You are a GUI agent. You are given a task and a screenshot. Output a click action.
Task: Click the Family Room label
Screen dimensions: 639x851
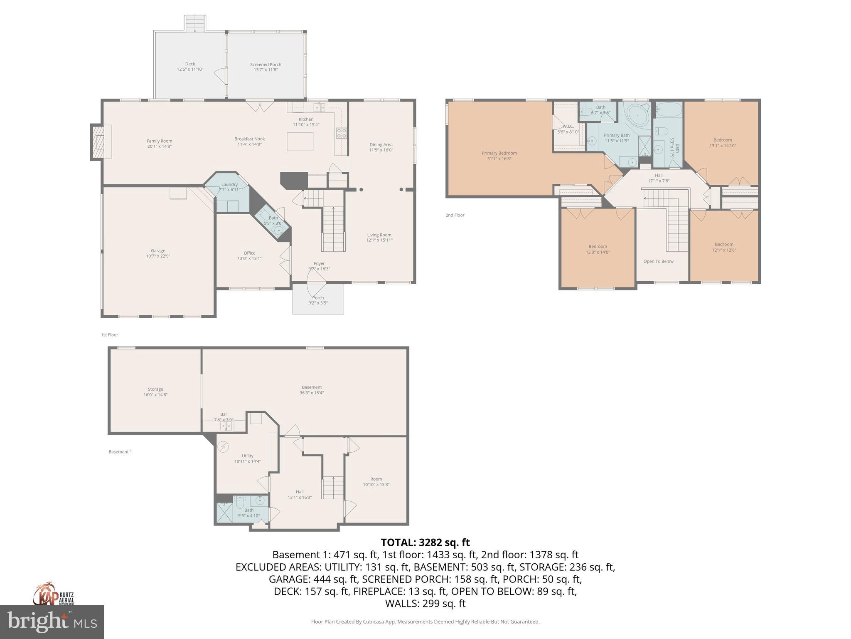[x=159, y=141]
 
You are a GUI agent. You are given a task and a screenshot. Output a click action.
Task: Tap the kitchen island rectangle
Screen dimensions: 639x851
[x=300, y=141]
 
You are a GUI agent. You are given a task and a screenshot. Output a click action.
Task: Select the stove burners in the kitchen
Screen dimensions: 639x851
[x=341, y=133]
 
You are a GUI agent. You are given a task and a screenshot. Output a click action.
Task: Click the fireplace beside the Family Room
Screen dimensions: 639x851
[x=99, y=142]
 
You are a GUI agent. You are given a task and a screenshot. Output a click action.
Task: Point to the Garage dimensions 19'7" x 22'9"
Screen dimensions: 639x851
[x=158, y=256]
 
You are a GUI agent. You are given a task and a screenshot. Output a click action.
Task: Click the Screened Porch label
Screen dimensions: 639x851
[x=266, y=64]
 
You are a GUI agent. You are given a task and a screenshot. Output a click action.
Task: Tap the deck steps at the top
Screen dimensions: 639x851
[x=195, y=23]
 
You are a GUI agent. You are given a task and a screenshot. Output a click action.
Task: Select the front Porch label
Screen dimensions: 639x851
[x=318, y=298]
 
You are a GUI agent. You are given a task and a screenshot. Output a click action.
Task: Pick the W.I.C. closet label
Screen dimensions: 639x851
[x=568, y=126]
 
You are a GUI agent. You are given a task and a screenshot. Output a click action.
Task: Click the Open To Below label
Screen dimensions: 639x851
[x=658, y=261]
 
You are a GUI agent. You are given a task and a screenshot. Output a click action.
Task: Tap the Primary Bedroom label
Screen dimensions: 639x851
[x=499, y=153]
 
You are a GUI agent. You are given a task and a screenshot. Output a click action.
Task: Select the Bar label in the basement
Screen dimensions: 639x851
[x=224, y=414]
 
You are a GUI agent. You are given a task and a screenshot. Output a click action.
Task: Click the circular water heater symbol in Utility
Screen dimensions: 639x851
[x=223, y=447]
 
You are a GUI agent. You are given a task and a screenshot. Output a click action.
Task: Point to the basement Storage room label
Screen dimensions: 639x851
[x=155, y=389]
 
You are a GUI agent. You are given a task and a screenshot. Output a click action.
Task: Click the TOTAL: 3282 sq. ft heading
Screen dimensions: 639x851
[x=425, y=542]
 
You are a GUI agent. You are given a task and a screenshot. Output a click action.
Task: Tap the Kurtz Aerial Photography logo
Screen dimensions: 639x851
[x=53, y=595]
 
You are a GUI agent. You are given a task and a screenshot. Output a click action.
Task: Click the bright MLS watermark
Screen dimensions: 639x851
[x=52, y=622]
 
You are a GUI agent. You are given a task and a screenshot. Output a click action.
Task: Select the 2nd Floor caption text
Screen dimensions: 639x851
[x=455, y=215]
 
